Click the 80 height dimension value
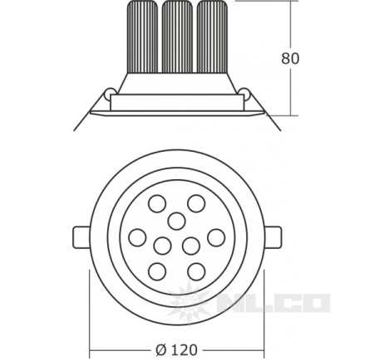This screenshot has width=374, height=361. point(290,58)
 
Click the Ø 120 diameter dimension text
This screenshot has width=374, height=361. point(177,349)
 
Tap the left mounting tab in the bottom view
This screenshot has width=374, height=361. point(81,237)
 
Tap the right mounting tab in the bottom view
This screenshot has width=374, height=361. point(273,237)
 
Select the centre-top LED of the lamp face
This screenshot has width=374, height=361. point(177,222)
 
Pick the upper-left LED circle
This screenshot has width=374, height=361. point(157,203)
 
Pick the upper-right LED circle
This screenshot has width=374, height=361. point(196,203)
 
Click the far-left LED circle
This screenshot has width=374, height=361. point(138,237)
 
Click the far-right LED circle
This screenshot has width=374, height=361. point(216,237)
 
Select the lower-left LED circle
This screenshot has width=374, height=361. point(157,271)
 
